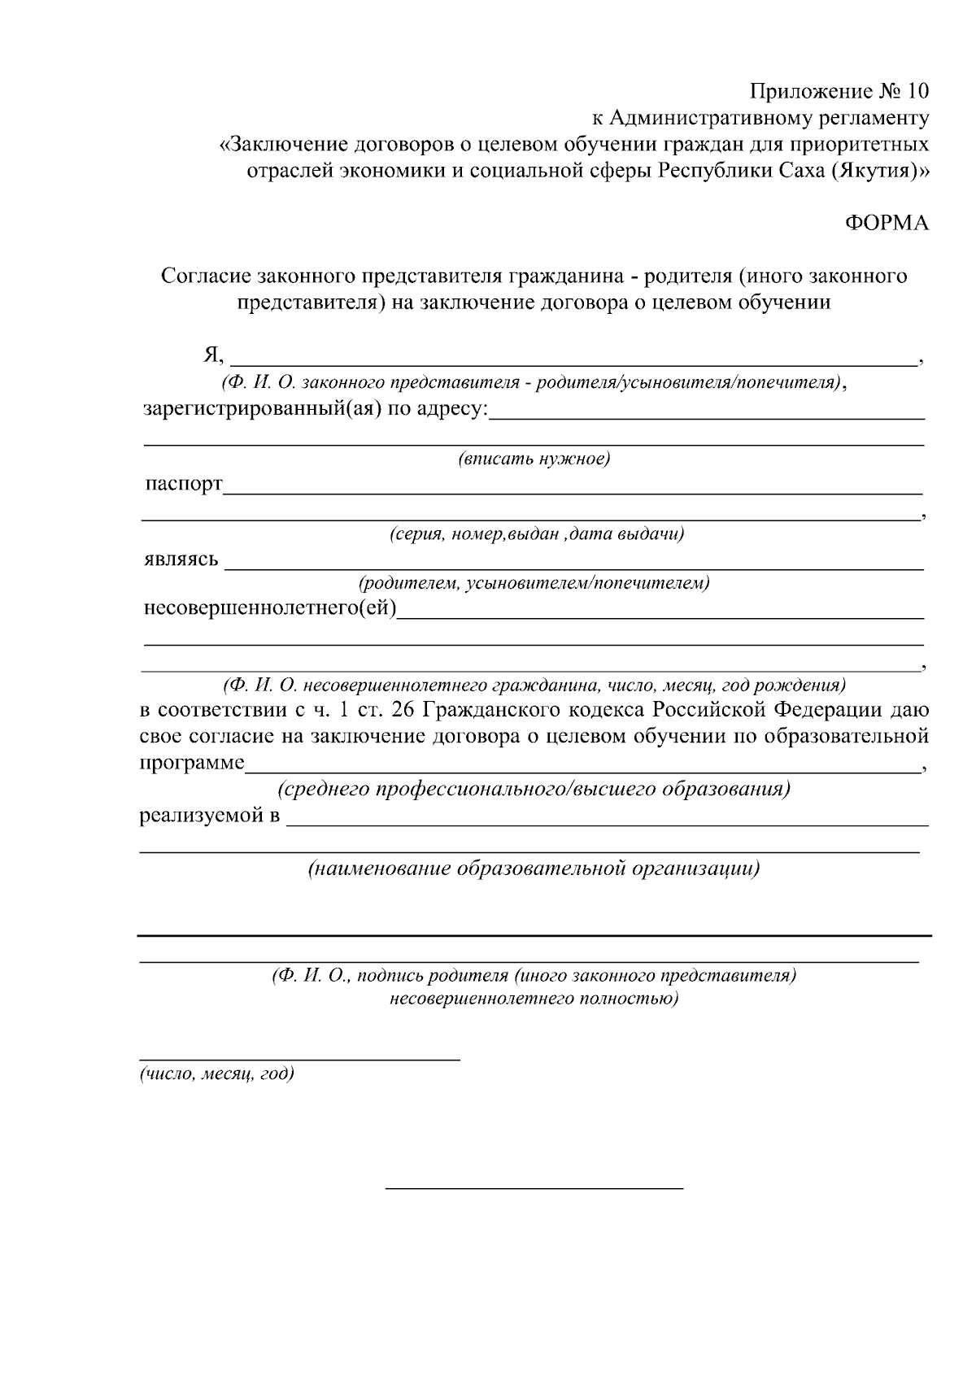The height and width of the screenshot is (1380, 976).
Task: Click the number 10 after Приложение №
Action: coord(916,91)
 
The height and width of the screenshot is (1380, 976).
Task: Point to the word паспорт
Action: coord(183,485)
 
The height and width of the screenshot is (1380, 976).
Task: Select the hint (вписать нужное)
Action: coord(534,459)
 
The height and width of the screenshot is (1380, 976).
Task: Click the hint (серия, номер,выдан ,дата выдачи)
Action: coord(535,535)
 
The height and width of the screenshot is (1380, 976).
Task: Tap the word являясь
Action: coord(181,560)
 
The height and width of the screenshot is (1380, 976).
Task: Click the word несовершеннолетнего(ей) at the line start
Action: coord(269,608)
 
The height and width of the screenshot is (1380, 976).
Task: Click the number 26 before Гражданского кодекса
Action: coord(403,710)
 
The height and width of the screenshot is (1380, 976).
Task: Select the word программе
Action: coord(192,764)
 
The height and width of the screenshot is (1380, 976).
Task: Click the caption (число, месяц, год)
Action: coord(217,1074)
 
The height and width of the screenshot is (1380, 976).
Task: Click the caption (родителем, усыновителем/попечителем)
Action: coord(534,584)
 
